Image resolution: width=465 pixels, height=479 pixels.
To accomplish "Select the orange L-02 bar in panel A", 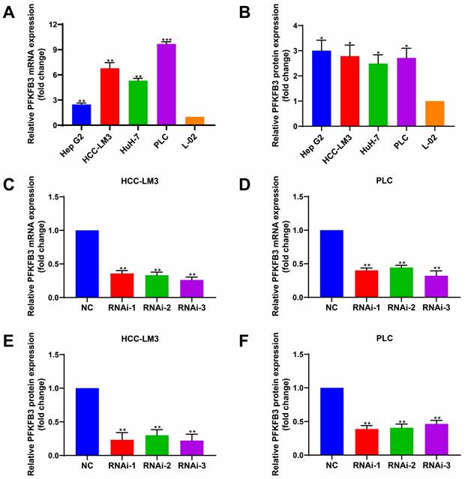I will tap(195, 121).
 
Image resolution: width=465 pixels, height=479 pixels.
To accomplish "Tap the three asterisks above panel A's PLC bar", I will tap(166, 38).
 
